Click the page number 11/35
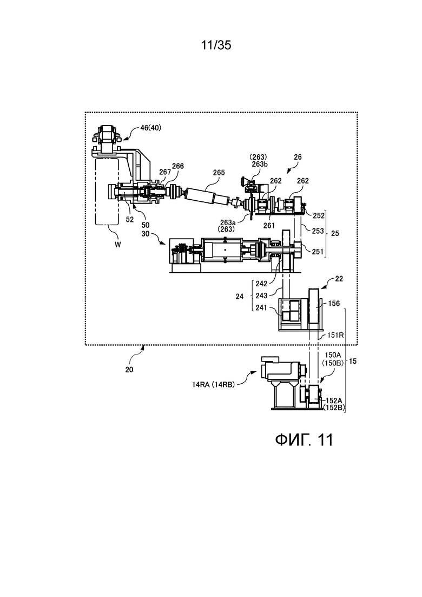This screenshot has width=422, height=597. click(x=216, y=45)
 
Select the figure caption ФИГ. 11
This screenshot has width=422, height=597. click(x=304, y=439)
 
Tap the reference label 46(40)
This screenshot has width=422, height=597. click(x=151, y=128)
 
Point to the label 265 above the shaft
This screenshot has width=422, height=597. click(x=219, y=173)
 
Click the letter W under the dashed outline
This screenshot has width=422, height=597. click(x=118, y=245)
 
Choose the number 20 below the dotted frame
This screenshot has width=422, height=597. click(x=129, y=369)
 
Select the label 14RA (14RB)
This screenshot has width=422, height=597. click(x=213, y=384)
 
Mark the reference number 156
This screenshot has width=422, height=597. click(x=334, y=304)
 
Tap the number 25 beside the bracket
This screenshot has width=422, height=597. click(x=335, y=233)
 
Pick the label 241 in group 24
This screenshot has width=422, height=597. click(x=261, y=307)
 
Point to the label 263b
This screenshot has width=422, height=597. click(x=260, y=163)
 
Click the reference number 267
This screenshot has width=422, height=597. click(x=165, y=172)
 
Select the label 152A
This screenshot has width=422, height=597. click(x=334, y=401)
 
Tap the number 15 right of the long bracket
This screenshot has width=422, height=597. click(x=353, y=361)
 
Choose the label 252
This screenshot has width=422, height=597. click(x=319, y=216)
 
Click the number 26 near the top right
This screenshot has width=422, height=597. click(x=298, y=157)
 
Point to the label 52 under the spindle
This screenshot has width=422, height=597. click(x=130, y=220)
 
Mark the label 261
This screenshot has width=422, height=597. click(x=269, y=225)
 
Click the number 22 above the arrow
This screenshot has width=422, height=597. click(x=338, y=279)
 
